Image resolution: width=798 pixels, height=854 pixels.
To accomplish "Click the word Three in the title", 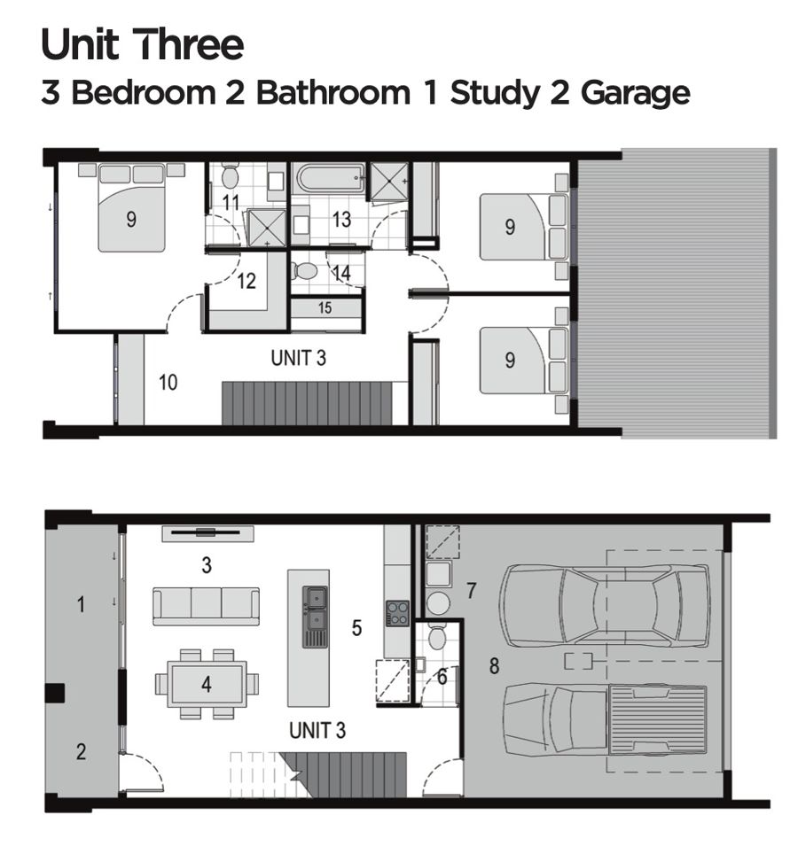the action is tap(188, 44).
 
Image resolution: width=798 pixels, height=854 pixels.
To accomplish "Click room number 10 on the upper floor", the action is tap(168, 383).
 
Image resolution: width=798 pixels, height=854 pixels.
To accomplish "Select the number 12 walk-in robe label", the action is tap(246, 281).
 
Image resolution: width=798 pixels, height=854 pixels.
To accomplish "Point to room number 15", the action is tap(325, 307).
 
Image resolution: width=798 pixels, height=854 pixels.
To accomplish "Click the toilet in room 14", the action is tap(303, 271).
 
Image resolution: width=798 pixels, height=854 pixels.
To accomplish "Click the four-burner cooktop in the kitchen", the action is tap(398, 612).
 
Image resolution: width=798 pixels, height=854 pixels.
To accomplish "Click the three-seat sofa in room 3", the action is tap(206, 606).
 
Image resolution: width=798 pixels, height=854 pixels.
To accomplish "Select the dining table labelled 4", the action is tap(207, 684).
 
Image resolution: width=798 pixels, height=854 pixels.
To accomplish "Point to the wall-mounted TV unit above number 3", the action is tap(207, 533).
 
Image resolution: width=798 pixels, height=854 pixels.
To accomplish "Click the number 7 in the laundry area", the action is tap(472, 590).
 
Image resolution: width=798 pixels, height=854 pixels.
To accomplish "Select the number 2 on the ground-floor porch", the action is tap(82, 751).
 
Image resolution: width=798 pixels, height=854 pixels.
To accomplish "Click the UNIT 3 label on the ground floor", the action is tap(317, 730).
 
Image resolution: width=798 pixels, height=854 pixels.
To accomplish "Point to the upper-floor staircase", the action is tap(307, 403).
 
